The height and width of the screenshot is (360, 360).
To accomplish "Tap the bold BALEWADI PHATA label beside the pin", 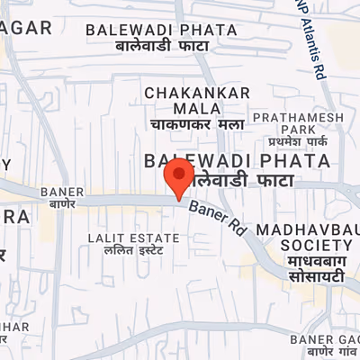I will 237,160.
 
